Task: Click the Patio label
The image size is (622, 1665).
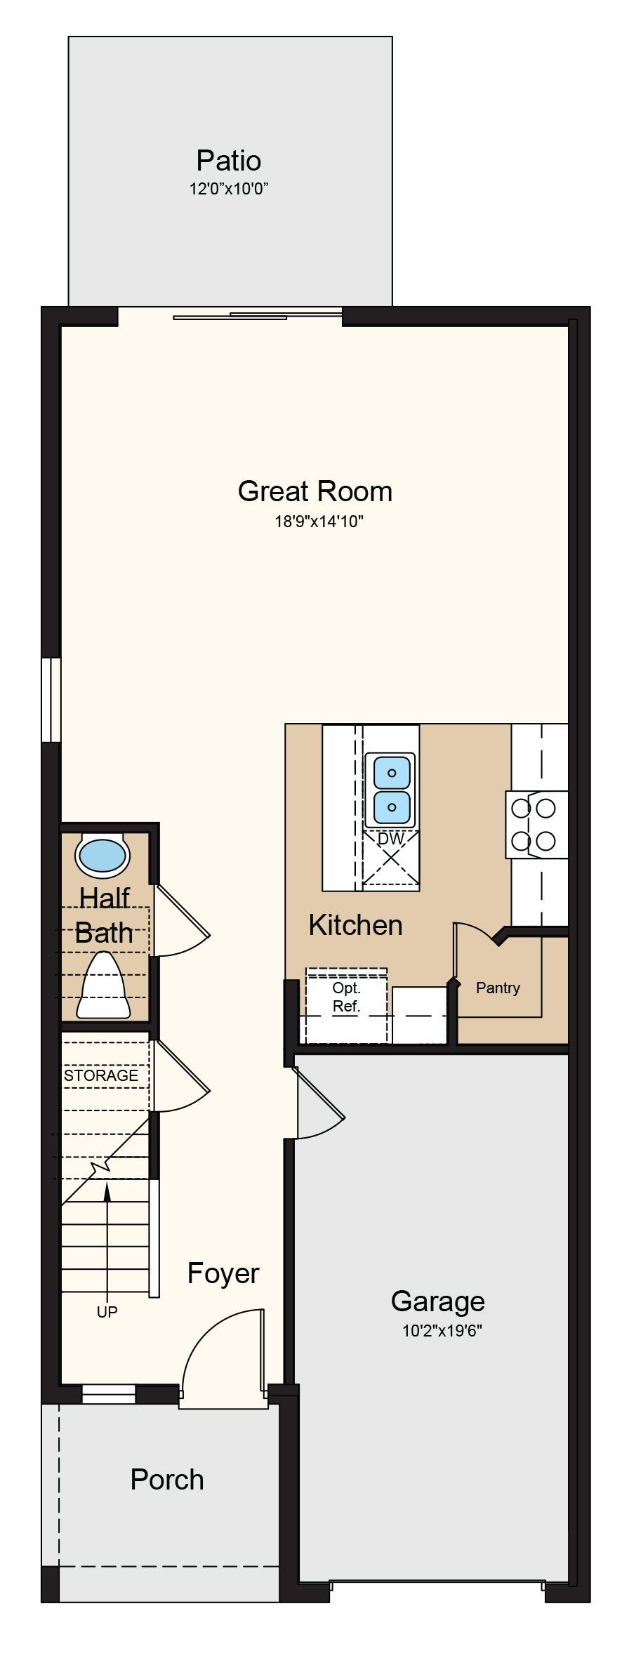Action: tap(229, 161)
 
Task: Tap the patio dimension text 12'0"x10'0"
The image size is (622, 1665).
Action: tap(230, 189)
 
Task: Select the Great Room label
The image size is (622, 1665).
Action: tap(315, 491)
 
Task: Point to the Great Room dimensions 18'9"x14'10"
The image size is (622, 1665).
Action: tap(319, 522)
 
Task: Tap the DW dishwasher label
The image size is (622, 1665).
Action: tap(391, 839)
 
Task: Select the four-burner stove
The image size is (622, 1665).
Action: tap(536, 825)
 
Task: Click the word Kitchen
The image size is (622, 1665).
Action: tap(355, 925)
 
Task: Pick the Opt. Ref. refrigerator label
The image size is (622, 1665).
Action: tap(346, 997)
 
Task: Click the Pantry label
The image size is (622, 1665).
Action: tap(498, 988)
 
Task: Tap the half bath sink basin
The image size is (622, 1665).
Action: tap(103, 856)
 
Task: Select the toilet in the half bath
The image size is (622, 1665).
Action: tap(103, 984)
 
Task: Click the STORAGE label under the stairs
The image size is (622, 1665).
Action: tap(101, 1075)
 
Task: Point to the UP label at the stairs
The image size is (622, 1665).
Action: tap(107, 1311)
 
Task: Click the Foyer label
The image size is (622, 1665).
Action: tap(223, 1273)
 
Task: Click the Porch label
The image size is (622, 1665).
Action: tap(167, 1480)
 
